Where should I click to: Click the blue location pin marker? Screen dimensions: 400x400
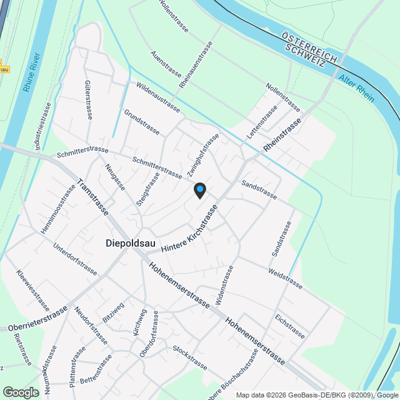(199, 189)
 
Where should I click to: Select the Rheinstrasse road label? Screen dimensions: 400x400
(282, 134)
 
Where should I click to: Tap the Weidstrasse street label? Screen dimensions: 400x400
(284, 279)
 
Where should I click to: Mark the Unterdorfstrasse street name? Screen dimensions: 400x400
(76, 259)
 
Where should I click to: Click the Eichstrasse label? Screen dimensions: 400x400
(289, 326)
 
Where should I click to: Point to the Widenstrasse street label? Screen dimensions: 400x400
(224, 285)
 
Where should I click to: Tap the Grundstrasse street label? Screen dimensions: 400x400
(141, 122)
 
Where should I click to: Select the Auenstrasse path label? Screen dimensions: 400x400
(165, 65)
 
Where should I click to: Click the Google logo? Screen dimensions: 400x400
(21, 392)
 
